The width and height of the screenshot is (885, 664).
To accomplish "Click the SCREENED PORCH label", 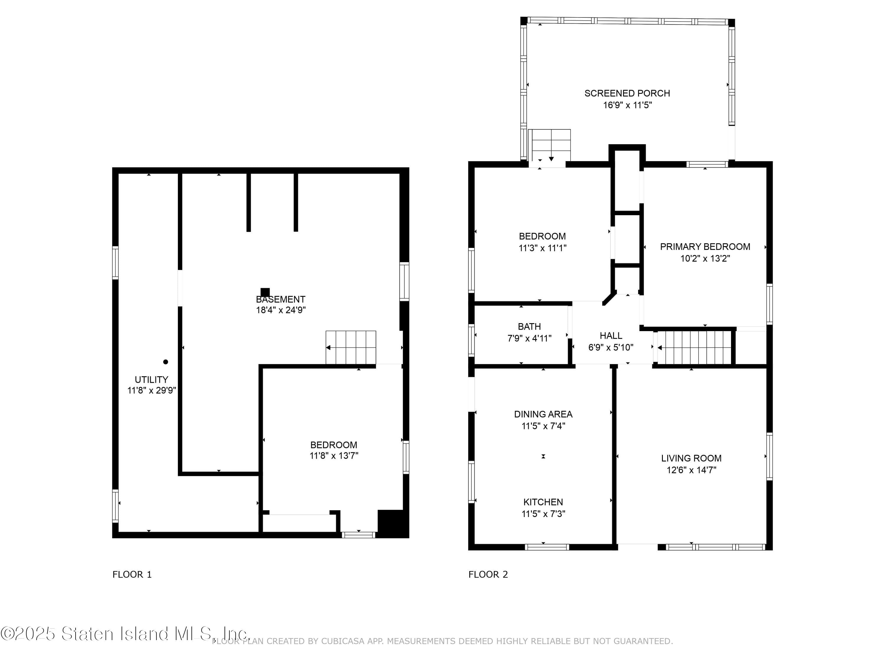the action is point(627,93).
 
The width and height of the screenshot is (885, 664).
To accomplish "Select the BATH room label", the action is point(529,327).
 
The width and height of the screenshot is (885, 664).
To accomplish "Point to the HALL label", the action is point(611,336).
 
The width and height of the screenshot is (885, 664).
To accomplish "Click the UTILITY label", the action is point(151,380).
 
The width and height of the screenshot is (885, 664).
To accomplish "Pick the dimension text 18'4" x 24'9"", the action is point(281,310).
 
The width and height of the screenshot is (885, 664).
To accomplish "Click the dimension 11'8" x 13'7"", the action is point(334,455).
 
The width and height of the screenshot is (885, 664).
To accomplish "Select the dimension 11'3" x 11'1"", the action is point(543,248).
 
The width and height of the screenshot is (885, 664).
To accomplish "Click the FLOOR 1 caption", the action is point(132,575).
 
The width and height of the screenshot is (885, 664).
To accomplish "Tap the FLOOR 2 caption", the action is point(488,575).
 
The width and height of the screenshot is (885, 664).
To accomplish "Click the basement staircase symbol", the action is point(351,347).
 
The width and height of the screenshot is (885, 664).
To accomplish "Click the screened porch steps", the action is point(549,145).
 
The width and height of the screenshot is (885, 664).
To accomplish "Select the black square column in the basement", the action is point(265,292).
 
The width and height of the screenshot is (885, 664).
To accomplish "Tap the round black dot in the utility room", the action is point(165,362).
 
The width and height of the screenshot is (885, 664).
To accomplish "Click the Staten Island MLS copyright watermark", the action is point(125,634).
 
